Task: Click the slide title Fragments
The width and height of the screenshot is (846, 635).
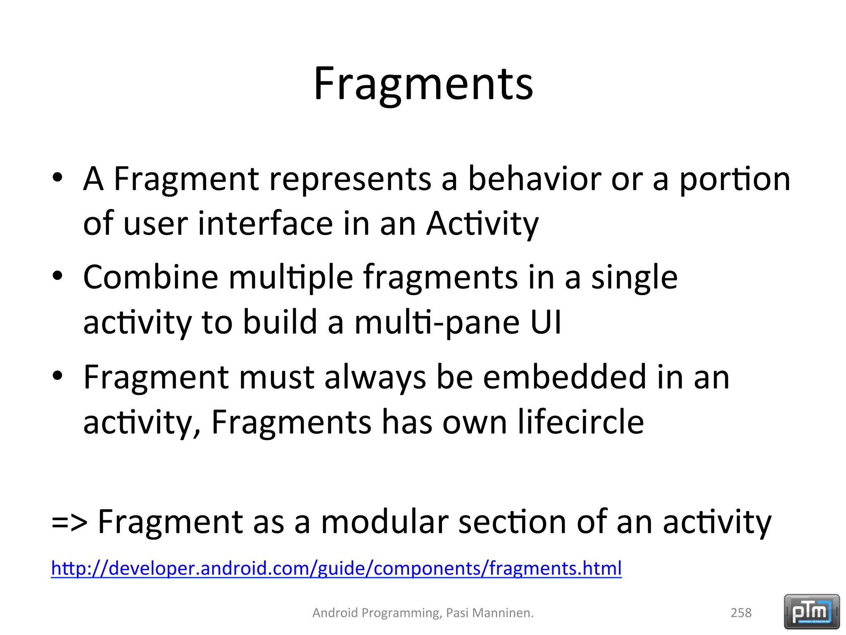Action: [423, 85]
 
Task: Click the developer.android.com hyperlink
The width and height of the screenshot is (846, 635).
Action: [336, 568]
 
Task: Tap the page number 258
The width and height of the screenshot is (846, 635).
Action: [741, 613]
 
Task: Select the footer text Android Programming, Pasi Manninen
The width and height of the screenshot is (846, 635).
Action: [423, 613]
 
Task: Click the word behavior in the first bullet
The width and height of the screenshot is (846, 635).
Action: [535, 179]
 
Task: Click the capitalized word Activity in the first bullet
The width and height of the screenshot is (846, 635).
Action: [482, 224]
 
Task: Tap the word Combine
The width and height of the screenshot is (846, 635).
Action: [150, 277]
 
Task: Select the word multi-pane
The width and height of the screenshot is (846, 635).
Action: [437, 322]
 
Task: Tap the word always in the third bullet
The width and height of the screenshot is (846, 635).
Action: [375, 378]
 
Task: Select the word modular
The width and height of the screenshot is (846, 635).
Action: [384, 522]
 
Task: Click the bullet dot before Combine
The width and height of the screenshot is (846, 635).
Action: [57, 275]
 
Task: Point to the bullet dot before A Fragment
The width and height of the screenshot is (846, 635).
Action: [57, 177]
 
